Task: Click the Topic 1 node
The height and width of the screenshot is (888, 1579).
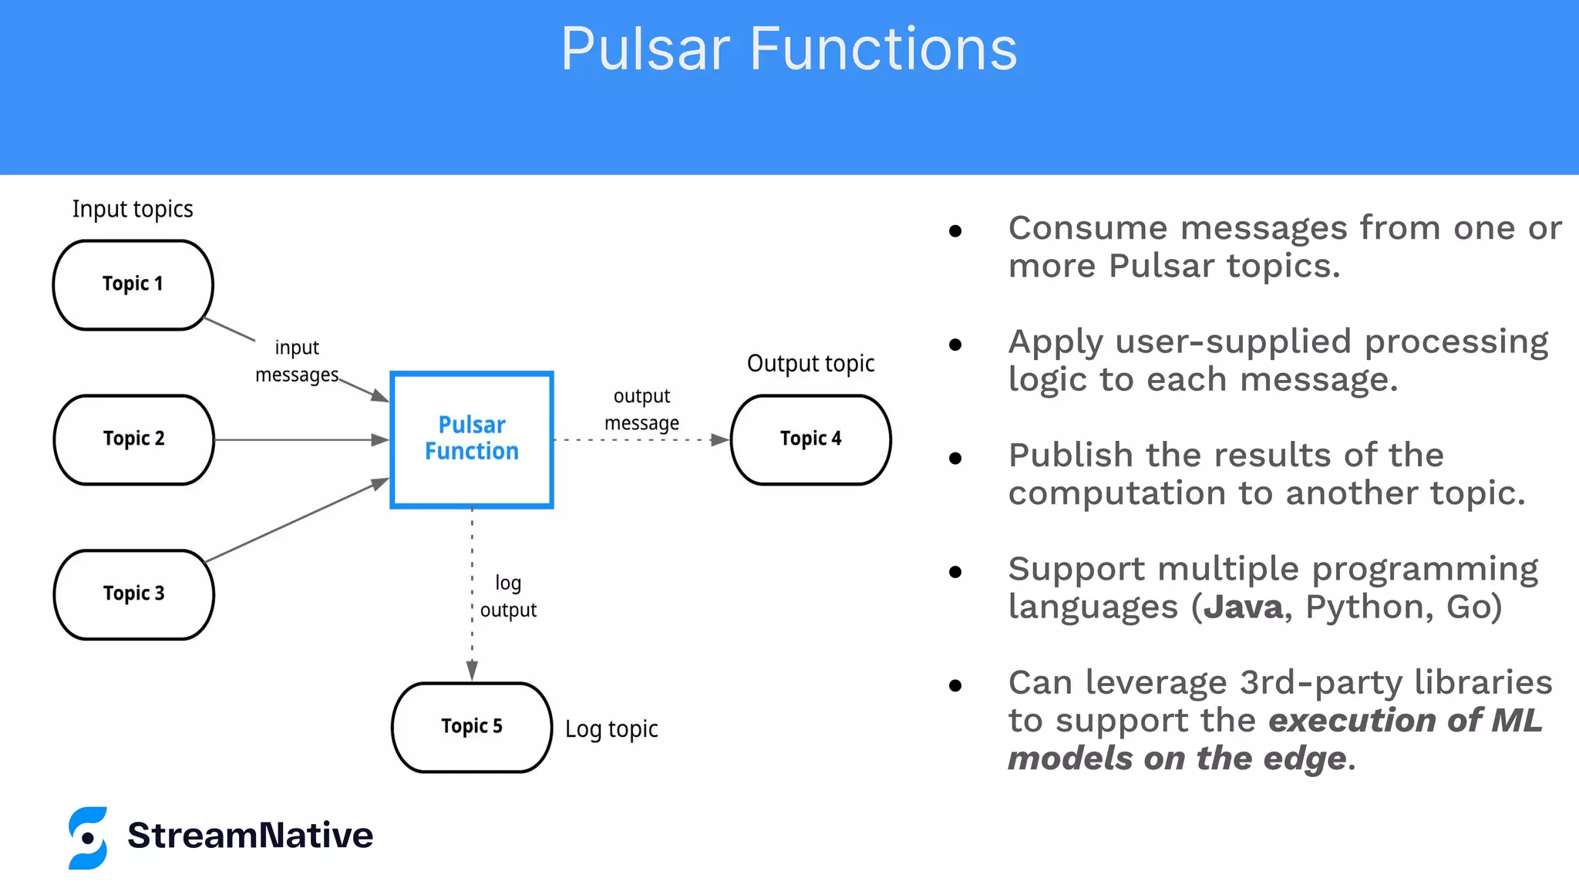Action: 133,284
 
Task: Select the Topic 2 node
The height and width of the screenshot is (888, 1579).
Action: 133,439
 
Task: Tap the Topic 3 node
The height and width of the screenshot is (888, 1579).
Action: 133,594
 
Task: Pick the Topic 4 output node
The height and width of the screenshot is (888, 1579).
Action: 810,439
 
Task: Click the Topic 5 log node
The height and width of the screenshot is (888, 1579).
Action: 472,727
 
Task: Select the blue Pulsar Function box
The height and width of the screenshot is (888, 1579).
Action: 472,439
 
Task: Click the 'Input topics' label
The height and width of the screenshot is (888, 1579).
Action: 133,209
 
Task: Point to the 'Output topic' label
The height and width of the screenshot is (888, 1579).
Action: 810,363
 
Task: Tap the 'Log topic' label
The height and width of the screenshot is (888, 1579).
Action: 611,728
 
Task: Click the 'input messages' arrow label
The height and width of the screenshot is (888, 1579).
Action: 297,361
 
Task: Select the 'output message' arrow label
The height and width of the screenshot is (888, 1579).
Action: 641,409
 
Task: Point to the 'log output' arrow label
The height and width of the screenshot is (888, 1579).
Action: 508,596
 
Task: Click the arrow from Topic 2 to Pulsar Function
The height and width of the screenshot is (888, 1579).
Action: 301,439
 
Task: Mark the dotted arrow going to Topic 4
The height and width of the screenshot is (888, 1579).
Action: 640,440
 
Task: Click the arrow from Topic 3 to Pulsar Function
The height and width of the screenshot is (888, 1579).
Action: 297,520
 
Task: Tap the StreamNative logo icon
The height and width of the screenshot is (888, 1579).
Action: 88,838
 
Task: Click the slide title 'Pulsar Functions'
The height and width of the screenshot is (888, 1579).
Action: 789,49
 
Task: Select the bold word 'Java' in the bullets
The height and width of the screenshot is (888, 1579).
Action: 1243,607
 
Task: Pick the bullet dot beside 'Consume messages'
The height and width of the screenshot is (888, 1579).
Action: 955,230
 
